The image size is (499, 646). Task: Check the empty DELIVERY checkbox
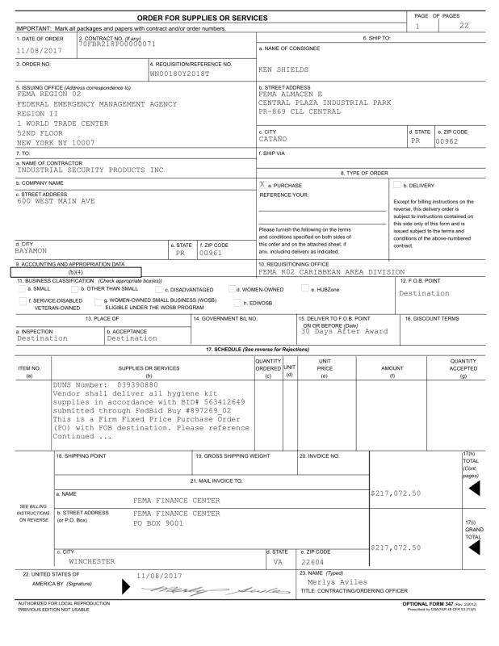(x=396, y=183)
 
